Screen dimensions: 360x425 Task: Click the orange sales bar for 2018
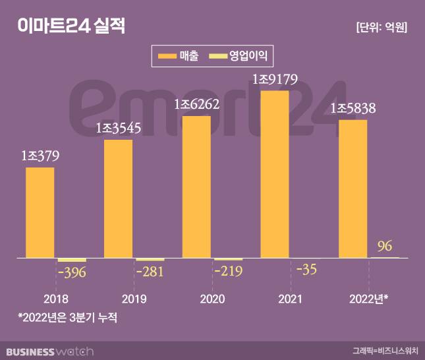40,212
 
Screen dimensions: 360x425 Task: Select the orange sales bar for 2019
118,198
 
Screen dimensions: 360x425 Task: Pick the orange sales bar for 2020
196,186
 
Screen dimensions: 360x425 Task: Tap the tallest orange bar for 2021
275,173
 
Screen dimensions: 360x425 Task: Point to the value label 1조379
40,157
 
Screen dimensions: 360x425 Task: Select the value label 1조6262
196,104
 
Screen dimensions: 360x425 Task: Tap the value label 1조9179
275,80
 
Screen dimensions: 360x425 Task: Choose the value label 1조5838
353,108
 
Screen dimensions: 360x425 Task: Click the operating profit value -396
72,272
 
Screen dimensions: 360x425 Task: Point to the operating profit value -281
150,271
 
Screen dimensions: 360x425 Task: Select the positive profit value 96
385,247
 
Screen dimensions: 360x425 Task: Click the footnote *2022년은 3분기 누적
71,317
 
